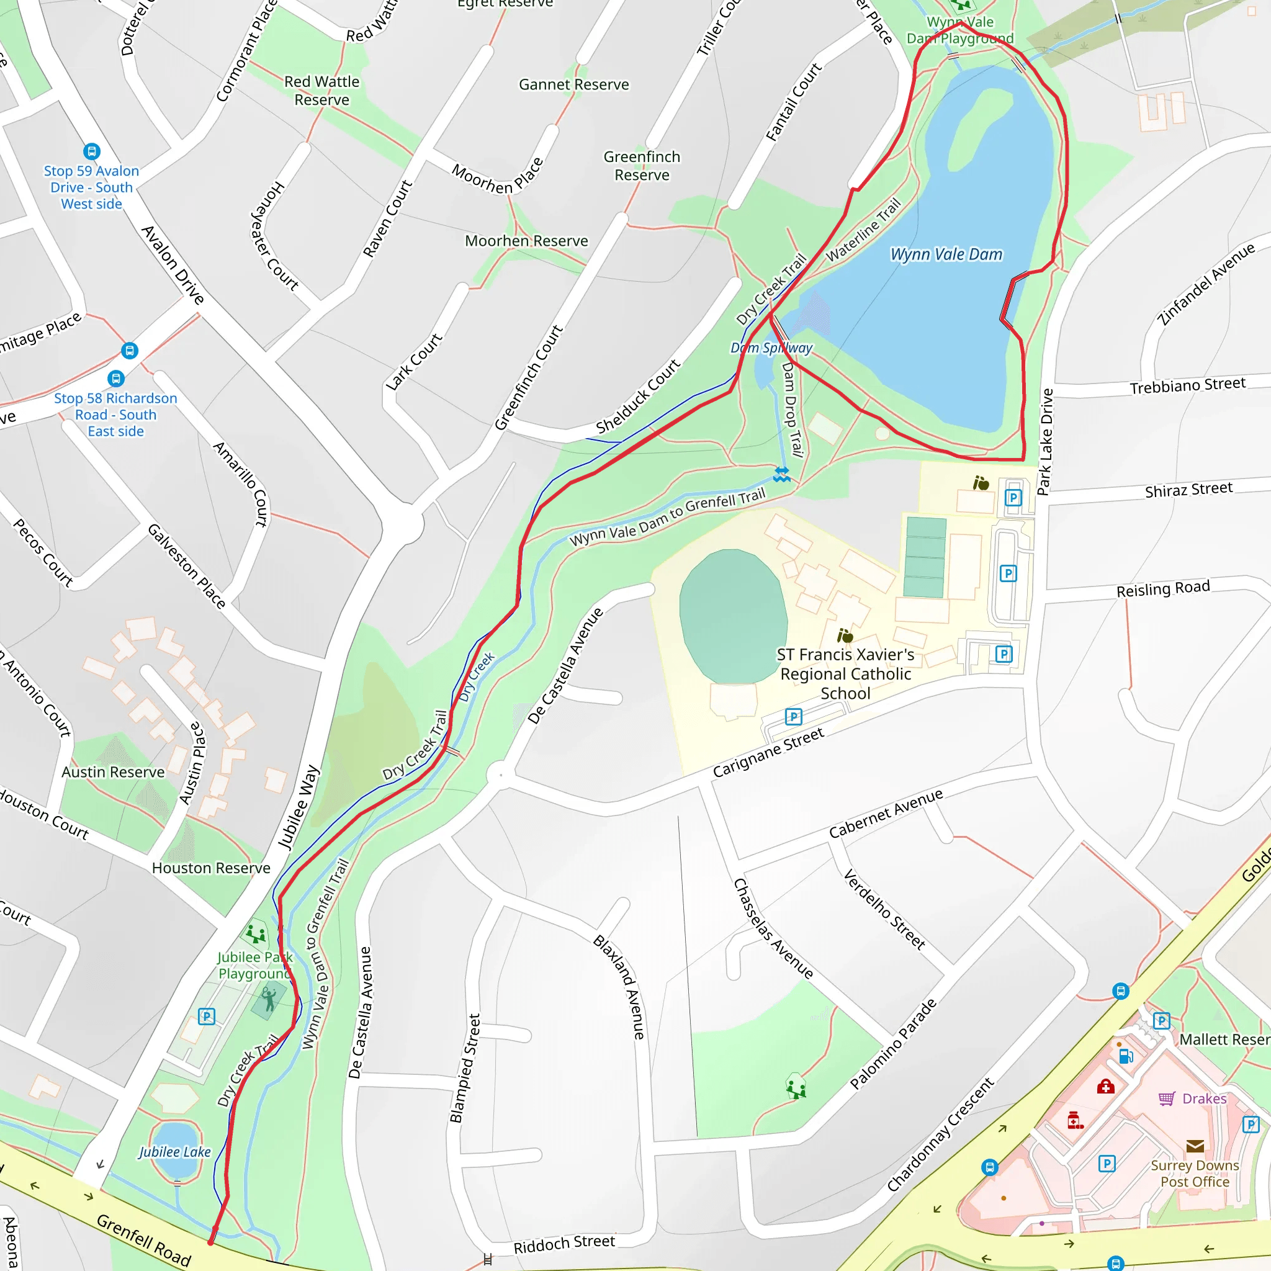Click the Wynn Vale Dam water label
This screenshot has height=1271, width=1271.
(x=946, y=254)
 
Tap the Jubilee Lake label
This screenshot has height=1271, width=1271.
(x=174, y=1152)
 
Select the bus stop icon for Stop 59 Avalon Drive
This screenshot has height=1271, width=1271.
(x=92, y=151)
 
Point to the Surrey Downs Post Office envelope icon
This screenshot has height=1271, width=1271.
(x=1195, y=1147)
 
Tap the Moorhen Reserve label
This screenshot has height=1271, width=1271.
(x=526, y=241)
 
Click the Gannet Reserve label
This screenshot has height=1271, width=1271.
(x=573, y=85)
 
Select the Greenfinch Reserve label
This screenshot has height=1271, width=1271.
(x=642, y=166)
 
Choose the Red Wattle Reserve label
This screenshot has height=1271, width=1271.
(x=321, y=91)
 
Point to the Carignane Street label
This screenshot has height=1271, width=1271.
(x=768, y=752)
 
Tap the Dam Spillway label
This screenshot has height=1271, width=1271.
(x=771, y=348)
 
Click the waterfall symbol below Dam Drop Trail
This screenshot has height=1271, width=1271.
(x=781, y=474)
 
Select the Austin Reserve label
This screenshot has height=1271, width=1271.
(x=113, y=771)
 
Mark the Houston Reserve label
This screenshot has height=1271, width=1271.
(x=210, y=868)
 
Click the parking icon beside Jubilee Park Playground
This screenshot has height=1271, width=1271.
(x=207, y=1017)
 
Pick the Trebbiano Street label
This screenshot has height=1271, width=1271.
(x=1187, y=385)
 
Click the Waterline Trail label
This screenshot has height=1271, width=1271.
(x=863, y=230)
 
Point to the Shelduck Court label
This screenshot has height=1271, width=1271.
(x=637, y=397)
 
